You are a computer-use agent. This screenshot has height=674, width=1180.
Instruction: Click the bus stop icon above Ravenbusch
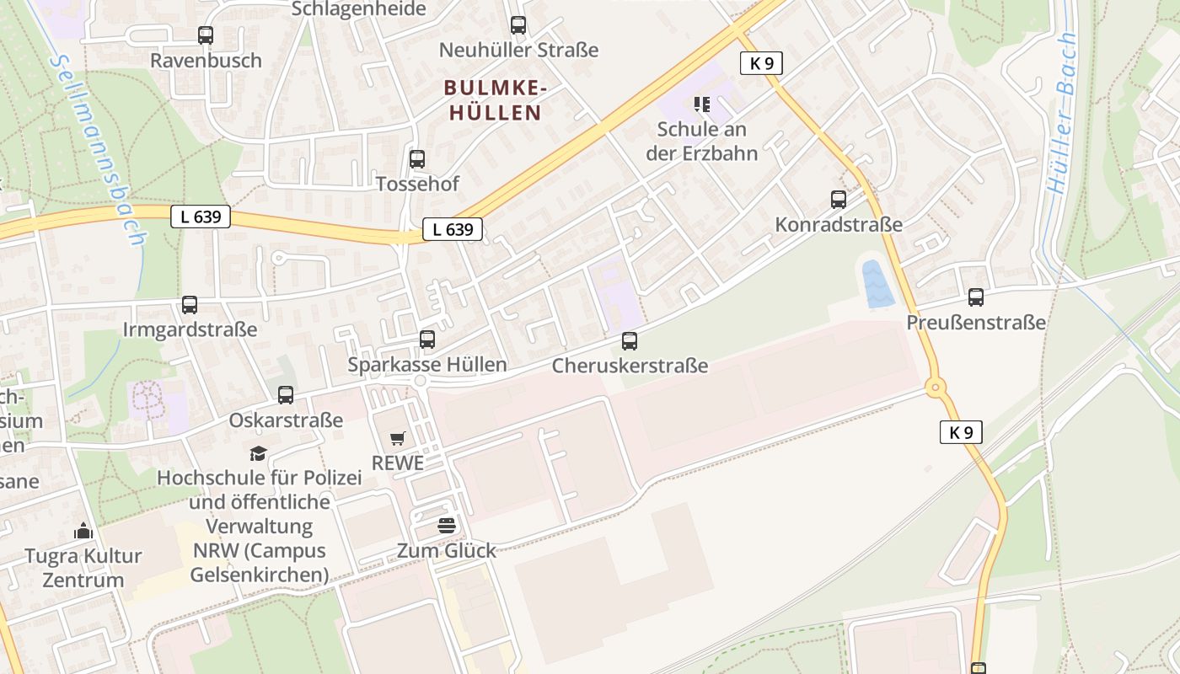click(x=206, y=35)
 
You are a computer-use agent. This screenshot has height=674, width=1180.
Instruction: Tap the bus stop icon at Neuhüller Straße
click(x=518, y=25)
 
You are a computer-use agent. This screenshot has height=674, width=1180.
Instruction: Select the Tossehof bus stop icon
click(x=417, y=159)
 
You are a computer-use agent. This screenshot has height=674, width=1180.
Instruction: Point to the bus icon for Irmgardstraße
click(x=190, y=305)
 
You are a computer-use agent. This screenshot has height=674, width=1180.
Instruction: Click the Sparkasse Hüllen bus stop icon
click(x=427, y=340)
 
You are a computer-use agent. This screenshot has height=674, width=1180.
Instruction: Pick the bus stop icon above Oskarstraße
click(x=286, y=395)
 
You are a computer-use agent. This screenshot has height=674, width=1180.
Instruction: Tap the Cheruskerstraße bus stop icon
click(x=630, y=341)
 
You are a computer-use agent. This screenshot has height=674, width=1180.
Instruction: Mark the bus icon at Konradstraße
click(x=839, y=200)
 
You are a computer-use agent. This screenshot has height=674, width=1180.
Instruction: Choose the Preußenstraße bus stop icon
click(x=976, y=297)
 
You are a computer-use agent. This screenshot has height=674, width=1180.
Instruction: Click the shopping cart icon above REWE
click(x=398, y=438)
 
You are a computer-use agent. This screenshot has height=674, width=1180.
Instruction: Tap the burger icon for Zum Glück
click(x=447, y=526)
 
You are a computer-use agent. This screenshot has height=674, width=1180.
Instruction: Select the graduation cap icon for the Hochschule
click(x=259, y=453)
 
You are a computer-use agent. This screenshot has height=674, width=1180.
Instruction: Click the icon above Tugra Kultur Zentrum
click(x=83, y=531)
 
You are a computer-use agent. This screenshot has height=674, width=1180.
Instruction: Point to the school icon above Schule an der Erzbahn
click(x=702, y=104)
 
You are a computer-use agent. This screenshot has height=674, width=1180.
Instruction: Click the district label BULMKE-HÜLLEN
click(x=496, y=99)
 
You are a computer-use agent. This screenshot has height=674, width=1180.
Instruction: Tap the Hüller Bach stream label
click(x=1062, y=114)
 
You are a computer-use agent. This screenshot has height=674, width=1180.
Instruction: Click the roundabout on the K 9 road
click(x=935, y=388)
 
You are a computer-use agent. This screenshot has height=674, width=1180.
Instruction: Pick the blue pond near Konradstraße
click(x=877, y=284)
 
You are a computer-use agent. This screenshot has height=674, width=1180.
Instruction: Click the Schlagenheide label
click(x=359, y=9)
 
